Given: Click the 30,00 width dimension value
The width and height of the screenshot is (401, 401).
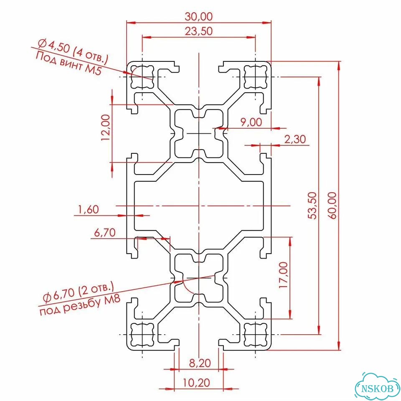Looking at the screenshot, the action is pyautogui.click(x=199, y=17).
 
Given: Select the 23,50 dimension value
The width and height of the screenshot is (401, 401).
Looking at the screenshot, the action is pyautogui.click(x=199, y=31).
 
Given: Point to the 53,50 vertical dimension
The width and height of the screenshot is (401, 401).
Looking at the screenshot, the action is pyautogui.click(x=312, y=206).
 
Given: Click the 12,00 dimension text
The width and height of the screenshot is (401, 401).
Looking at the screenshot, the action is pyautogui.click(x=106, y=127).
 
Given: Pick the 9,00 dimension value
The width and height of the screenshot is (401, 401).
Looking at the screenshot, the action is pyautogui.click(x=251, y=122).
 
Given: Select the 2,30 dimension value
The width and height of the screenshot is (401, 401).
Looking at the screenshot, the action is pyautogui.click(x=295, y=139).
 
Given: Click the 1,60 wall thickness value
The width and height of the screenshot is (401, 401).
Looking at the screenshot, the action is pyautogui.click(x=89, y=209).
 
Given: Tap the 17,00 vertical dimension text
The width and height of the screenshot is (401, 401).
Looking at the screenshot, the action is pyautogui.click(x=283, y=275).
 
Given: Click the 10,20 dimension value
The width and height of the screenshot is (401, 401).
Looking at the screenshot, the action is pyautogui.click(x=196, y=383).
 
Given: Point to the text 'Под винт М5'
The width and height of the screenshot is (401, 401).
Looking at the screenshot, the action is pyautogui.click(x=69, y=63).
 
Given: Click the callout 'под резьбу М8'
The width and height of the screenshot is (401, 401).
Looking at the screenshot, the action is pyautogui.click(x=80, y=306).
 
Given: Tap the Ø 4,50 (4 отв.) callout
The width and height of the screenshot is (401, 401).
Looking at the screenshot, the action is pyautogui.click(x=73, y=51).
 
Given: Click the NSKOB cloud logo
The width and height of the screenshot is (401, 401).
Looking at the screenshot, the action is pyautogui.click(x=378, y=388).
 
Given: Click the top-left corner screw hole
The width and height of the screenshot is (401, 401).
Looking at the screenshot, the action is pyautogui.click(x=142, y=77).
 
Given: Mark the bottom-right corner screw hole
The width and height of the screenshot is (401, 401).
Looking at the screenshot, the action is pyautogui.click(x=256, y=334).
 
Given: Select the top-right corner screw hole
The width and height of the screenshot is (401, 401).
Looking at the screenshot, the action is pyautogui.click(x=256, y=77).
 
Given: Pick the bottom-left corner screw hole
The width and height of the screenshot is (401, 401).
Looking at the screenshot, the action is pyautogui.click(x=142, y=334).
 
